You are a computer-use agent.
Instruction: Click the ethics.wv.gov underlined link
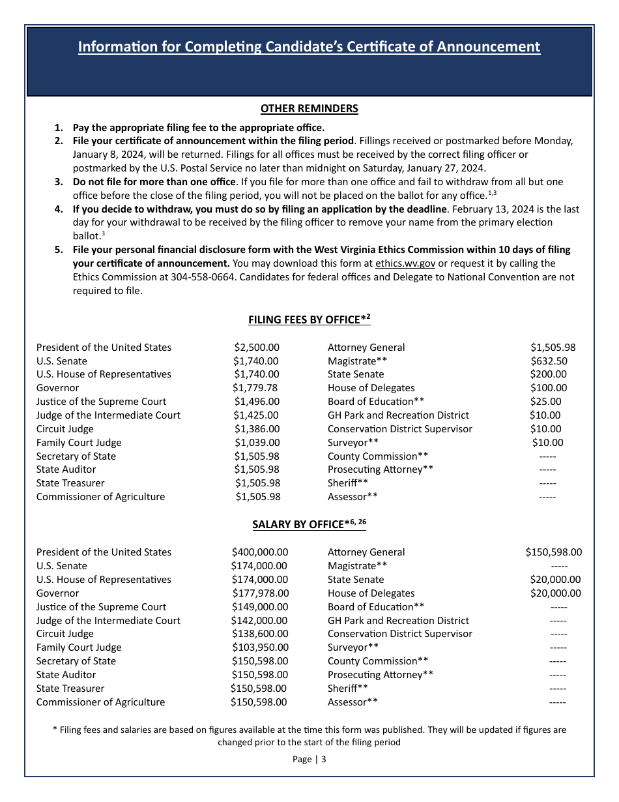[x=405, y=263]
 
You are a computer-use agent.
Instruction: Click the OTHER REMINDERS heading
[x=309, y=109]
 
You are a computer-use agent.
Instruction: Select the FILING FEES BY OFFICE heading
[x=309, y=319]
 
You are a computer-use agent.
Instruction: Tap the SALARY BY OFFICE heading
[x=309, y=524]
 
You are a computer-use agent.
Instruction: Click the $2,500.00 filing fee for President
[x=257, y=348]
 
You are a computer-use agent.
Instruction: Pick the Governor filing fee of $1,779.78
[x=256, y=388]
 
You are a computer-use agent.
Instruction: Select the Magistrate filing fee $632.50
[x=549, y=361]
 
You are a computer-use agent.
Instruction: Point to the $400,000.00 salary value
[x=259, y=552]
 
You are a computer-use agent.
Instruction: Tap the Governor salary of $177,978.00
[x=261, y=593]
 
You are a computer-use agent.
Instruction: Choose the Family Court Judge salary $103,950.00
[x=261, y=647]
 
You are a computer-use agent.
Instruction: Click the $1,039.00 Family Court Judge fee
[x=257, y=443]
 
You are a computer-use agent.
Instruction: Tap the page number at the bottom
[x=309, y=759]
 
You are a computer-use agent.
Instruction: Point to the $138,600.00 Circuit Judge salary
[x=260, y=634]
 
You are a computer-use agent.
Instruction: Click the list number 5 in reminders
[x=59, y=250]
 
